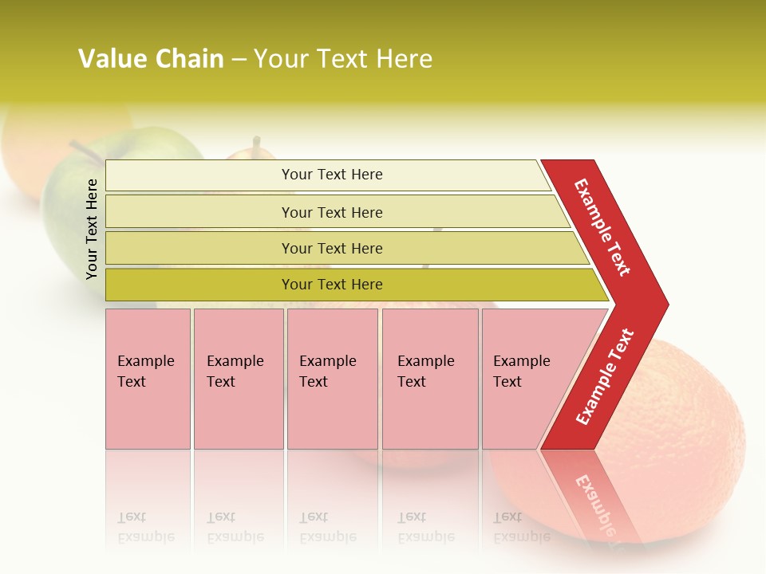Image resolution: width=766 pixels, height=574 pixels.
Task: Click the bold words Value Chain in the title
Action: coord(151,59)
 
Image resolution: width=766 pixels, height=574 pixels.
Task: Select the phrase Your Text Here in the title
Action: coord(343,59)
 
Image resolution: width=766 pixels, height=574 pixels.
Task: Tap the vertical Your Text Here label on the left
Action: coord(92,229)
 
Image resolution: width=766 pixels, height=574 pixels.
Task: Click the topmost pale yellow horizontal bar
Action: coord(332,175)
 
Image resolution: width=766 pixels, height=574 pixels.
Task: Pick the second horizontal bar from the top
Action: coord(332,212)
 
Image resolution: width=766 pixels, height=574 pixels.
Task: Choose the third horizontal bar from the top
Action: coord(332,248)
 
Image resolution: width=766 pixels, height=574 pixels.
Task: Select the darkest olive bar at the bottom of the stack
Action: coord(332,285)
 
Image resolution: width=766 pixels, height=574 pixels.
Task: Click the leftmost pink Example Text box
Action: coord(148,379)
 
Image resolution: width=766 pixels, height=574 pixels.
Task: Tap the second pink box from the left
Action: coord(238,379)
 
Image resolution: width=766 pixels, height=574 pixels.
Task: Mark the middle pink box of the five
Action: coord(332,379)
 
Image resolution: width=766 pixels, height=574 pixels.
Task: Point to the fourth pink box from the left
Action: coord(430,379)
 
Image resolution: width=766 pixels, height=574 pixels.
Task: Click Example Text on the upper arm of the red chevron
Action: coord(602,227)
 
